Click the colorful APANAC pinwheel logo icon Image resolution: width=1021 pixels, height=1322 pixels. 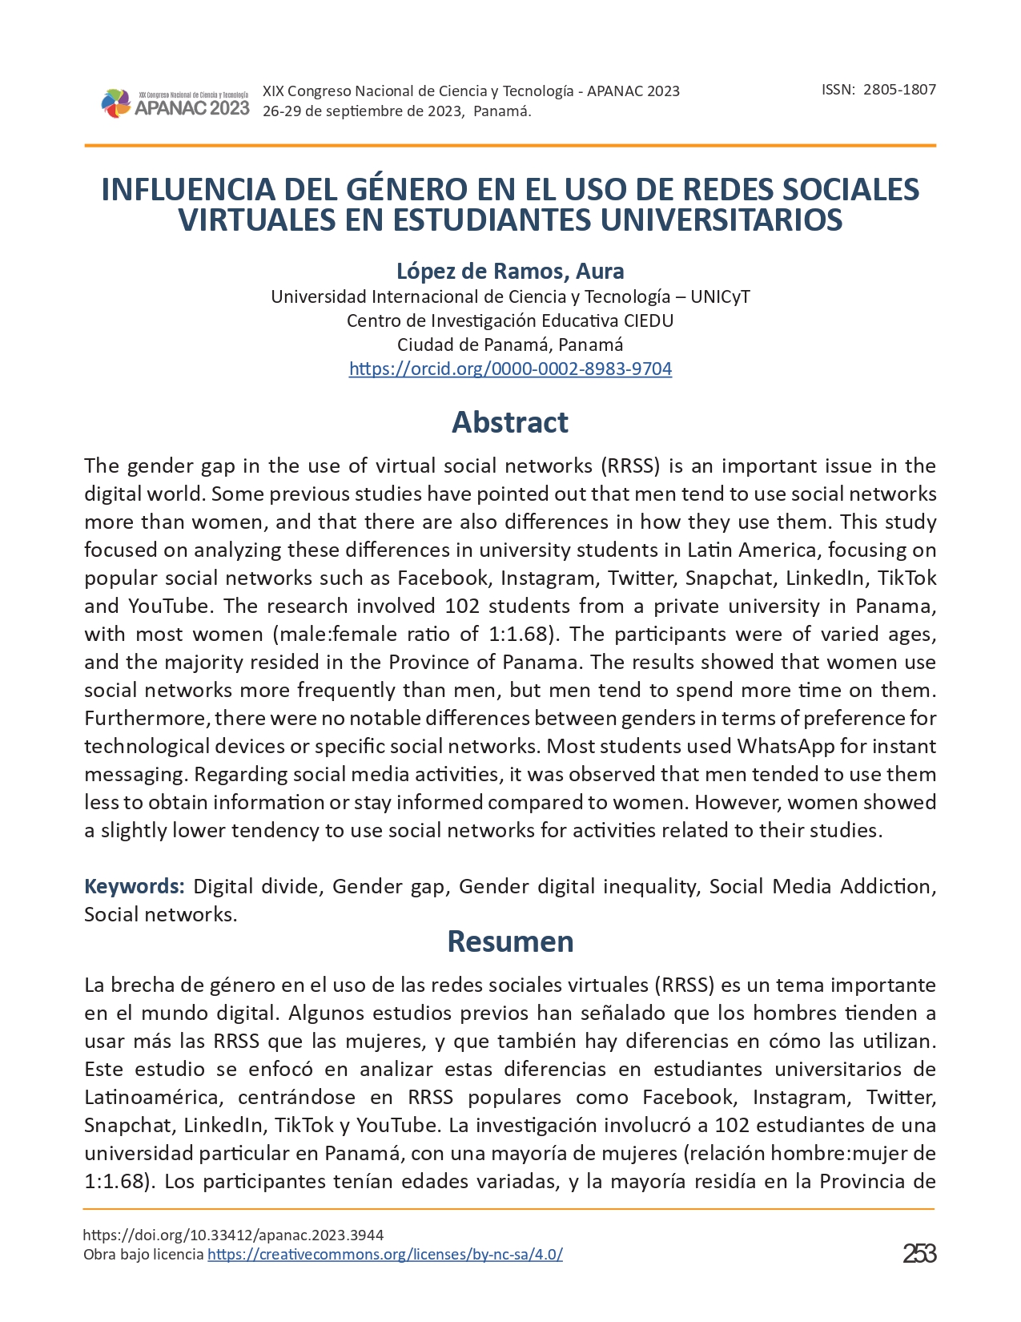pos(115,103)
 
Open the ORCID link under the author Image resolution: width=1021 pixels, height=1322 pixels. pos(510,369)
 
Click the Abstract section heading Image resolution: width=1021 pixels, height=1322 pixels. pos(510,422)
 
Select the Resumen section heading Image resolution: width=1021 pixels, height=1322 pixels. pos(510,941)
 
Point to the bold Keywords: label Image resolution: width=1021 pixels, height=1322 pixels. pos(135,886)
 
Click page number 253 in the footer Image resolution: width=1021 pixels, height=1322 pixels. pos(919,1253)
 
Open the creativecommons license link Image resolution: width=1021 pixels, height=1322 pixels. pos(385,1255)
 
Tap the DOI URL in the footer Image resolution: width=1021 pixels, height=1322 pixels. pos(233,1235)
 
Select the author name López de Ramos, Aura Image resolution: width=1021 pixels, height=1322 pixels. pos(510,271)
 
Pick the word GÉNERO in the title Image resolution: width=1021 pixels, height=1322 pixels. pos(408,190)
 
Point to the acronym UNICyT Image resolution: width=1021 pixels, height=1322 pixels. pos(720,296)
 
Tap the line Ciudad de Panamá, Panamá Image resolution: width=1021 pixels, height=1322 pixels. pos(510,345)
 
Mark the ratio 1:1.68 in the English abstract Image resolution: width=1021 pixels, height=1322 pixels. pos(519,634)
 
